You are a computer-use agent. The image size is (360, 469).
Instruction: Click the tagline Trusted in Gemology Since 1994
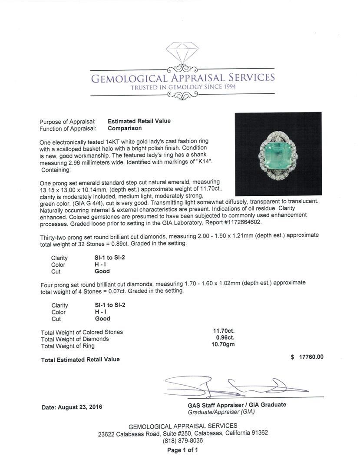[182, 88]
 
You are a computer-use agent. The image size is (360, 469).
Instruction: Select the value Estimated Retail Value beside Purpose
[139, 121]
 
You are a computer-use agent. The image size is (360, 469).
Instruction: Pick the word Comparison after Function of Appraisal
[125, 128]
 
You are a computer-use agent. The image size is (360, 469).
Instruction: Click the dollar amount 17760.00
[307, 357]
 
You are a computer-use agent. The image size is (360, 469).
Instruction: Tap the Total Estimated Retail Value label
[80, 360]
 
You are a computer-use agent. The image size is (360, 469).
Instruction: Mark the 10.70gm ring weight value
[222, 346]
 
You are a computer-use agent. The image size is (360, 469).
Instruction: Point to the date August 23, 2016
[72, 407]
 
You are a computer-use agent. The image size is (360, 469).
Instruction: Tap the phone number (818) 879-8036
[182, 440]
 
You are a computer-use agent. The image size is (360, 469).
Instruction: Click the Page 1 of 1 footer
[182, 450]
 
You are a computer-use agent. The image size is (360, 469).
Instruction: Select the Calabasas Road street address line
[183, 433]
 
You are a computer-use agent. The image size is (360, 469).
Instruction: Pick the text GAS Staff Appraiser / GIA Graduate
[237, 405]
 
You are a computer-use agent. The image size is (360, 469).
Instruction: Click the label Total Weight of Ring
[68, 346]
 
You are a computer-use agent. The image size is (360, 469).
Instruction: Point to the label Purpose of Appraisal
[67, 122]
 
